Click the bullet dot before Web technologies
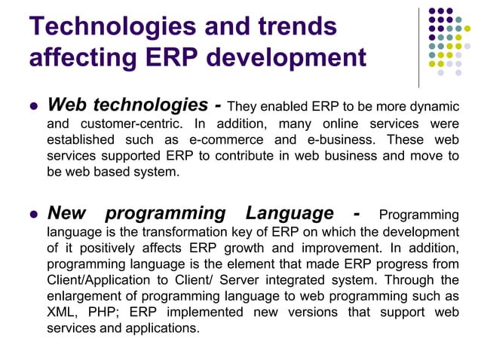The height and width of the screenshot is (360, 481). (32, 106)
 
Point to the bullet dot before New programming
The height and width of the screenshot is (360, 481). (32, 214)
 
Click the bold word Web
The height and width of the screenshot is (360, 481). (72, 105)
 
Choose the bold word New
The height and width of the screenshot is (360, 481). (71, 213)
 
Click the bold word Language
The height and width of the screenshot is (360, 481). (290, 213)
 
